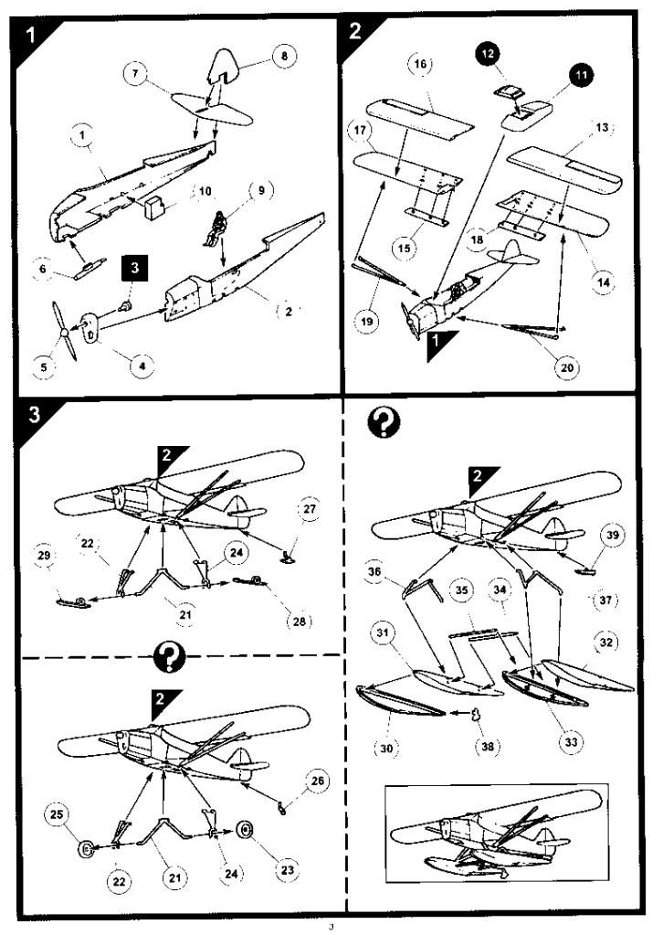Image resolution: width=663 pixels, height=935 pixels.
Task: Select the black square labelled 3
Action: coord(133,270)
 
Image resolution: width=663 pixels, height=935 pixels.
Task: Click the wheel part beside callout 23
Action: coord(247,831)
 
